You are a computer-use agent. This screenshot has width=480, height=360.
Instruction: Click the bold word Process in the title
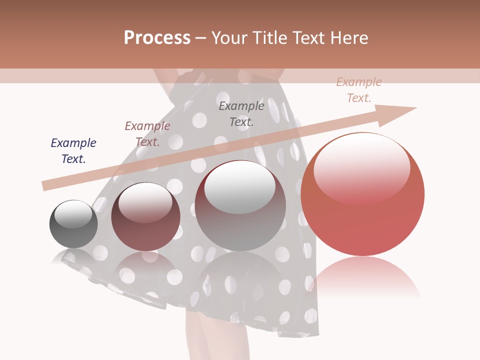pyautogui.click(x=157, y=38)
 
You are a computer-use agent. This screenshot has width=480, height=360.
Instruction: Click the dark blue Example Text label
pyautogui.click(x=73, y=151)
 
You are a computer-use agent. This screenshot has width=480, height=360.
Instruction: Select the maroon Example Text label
pyautogui.click(x=147, y=134)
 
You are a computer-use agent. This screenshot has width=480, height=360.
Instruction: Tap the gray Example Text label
pyautogui.click(x=241, y=113)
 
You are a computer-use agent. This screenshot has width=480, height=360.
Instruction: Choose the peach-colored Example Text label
pyautogui.click(x=359, y=90)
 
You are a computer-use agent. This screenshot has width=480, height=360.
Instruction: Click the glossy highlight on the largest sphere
pyautogui.click(x=362, y=167)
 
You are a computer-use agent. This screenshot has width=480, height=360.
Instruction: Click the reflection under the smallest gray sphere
pyautogui.click(x=73, y=257)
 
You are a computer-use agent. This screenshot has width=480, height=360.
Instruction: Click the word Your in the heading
pyautogui.click(x=228, y=38)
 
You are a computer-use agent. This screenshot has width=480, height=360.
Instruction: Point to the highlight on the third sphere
pyautogui.click(x=240, y=186)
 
